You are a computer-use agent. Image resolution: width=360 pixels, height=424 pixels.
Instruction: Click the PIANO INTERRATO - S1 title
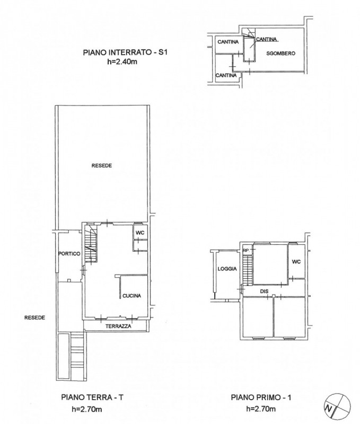pyautogui.click(x=125, y=52)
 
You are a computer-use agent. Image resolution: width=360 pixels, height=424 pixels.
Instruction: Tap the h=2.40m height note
pyautogui.click(x=122, y=61)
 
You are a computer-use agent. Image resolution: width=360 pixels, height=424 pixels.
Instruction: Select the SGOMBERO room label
pyautogui.click(x=280, y=54)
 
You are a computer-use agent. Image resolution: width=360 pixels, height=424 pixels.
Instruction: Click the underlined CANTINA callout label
pyautogui.click(x=266, y=39)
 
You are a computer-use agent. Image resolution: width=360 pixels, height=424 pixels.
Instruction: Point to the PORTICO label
pyautogui.click(x=69, y=254)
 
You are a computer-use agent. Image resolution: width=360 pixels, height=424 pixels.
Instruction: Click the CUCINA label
pyautogui.click(x=131, y=296)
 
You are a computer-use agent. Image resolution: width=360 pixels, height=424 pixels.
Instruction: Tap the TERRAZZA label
pyautogui.click(x=118, y=326)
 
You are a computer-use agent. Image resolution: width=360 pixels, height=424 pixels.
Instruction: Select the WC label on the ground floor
pyautogui.click(x=140, y=233)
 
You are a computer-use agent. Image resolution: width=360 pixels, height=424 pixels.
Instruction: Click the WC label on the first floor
pyautogui.click(x=296, y=262)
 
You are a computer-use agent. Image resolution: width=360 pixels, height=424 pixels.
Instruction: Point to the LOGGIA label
pyautogui.click(x=227, y=269)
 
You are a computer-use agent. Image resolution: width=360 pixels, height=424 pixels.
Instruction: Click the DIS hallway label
pyautogui.click(x=264, y=291)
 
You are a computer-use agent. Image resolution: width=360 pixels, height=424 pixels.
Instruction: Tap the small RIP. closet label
pyautogui.click(x=246, y=250)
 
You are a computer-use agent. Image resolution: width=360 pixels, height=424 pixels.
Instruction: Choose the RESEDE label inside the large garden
pyautogui.click(x=101, y=165)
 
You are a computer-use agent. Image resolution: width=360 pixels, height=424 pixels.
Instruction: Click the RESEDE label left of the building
pyautogui.click(x=34, y=317)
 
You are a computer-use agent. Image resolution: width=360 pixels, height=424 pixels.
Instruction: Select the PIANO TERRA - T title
pyautogui.click(x=92, y=397)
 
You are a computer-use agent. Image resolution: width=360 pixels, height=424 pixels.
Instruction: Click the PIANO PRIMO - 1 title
pyautogui.click(x=261, y=397)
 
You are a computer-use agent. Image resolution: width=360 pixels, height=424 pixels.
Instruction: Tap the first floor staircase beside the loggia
pyautogui.click(x=247, y=270)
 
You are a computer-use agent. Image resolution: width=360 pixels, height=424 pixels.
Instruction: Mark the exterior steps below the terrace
pyautogui.click(x=77, y=356)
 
